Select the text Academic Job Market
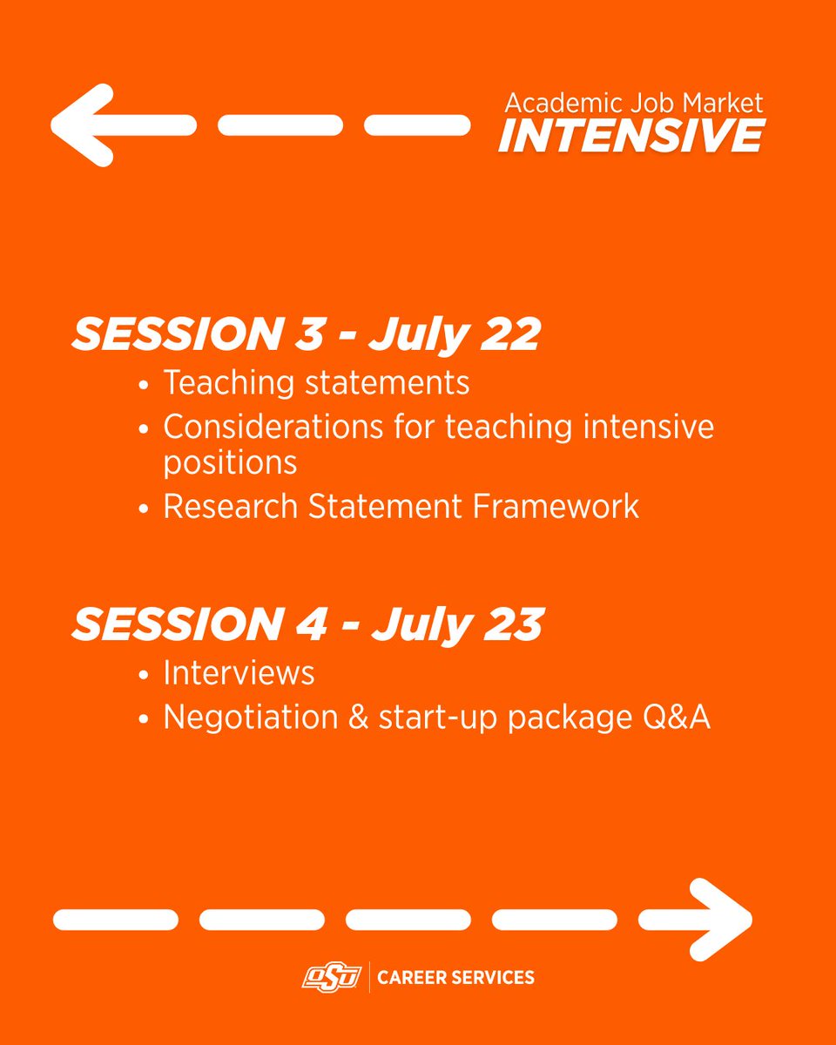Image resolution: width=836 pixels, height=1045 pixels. pos(634,103)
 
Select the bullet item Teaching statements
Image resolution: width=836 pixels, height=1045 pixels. pos(316,382)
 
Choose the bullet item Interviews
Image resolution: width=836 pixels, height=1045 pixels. pos(239,672)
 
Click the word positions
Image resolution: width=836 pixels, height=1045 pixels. pos(230,462)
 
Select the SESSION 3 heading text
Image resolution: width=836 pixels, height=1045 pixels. pos(187,334)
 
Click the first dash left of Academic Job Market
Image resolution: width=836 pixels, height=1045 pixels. pos(416,125)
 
